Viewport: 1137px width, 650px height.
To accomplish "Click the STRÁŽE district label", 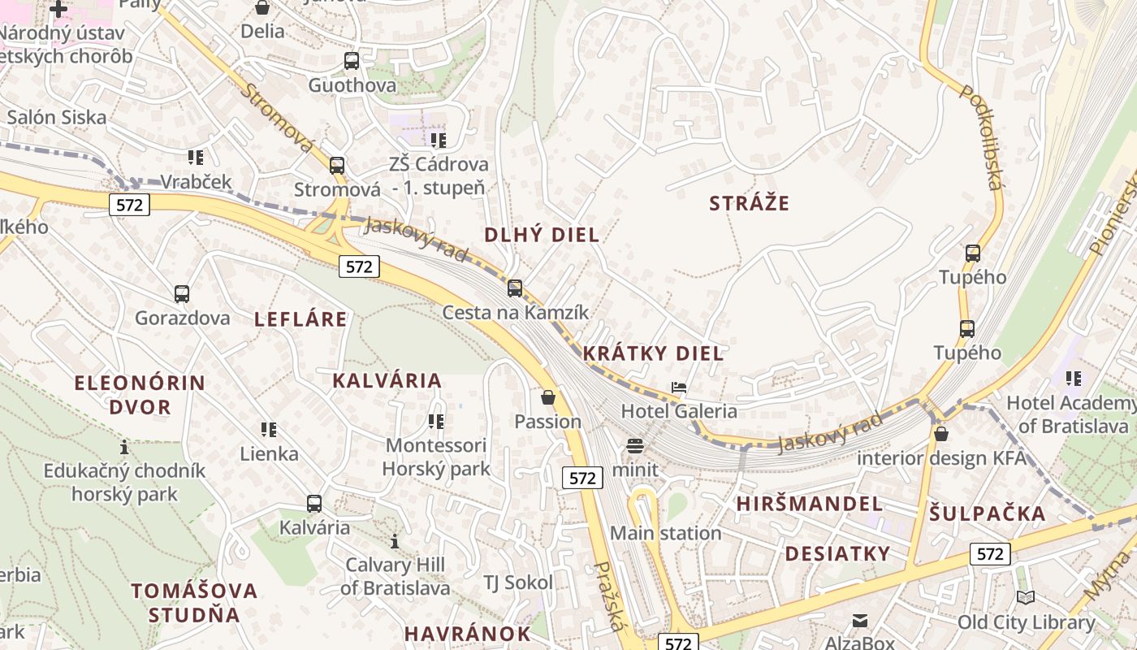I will pos(749,203).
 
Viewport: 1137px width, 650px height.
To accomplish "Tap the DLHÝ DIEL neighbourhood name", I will pos(542,236).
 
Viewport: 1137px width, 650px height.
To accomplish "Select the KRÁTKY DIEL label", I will pos(653,353).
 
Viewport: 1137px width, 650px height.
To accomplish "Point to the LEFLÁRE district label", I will pos(300,319).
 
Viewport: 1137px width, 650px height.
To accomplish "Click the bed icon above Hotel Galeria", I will pos(679,388).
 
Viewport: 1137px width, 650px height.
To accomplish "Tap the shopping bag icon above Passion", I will pos(548,397).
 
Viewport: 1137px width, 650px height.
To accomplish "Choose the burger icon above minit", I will pos(635,445).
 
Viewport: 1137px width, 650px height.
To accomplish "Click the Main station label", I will pos(665,534).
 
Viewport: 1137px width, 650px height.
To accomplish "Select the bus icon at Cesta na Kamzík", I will pos(515,288).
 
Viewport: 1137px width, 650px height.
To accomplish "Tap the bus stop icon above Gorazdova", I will pos(182,294).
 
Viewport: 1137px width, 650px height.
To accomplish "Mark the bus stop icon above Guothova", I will pos(352,61).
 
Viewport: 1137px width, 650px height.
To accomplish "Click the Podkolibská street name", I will pos(981,136).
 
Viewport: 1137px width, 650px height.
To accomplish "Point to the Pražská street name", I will pos(611,596).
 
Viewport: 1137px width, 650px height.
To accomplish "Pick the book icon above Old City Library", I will pos(1026,598).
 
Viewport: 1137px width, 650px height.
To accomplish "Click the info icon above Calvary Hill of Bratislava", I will pos(395,541).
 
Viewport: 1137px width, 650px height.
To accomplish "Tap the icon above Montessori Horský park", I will pos(436,422).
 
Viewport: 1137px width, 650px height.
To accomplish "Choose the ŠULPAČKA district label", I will pos(988,513).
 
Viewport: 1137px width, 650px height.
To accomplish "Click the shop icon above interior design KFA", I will pos(940,434).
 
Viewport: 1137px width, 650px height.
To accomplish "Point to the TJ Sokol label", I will pos(517,583).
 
